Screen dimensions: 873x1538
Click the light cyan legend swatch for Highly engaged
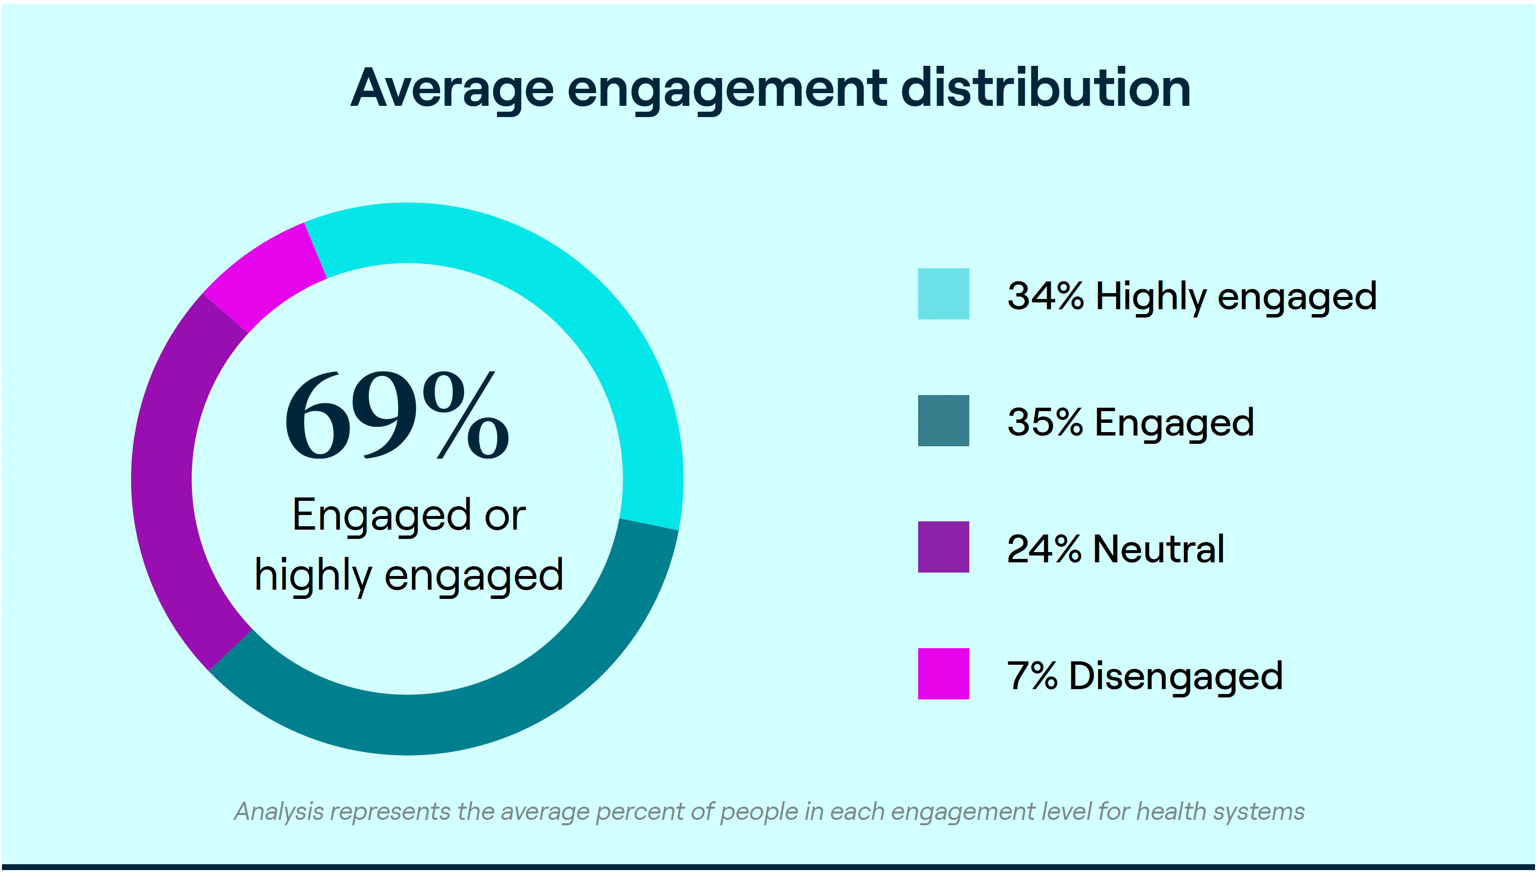point(943,294)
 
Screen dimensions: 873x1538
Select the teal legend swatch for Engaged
point(943,420)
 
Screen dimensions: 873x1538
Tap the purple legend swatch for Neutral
point(943,547)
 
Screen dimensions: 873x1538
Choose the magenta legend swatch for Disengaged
point(943,674)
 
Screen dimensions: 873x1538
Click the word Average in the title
point(452,89)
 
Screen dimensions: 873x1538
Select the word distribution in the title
point(1045,89)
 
